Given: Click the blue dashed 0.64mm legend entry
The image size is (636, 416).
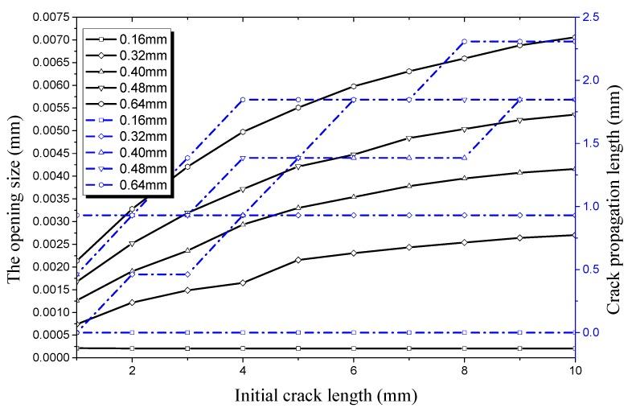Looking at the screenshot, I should coord(129,186).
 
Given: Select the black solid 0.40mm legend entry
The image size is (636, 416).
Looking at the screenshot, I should coord(129,72).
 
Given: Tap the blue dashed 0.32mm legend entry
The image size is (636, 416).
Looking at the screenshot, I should coord(129,137).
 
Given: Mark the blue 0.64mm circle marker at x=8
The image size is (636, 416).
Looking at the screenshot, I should coord(464,41).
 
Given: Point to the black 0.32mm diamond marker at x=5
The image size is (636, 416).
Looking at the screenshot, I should coord(298,260).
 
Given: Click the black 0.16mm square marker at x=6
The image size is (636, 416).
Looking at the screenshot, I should coord(353,348).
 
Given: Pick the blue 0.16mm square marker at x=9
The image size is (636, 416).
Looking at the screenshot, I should coord(519,332).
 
